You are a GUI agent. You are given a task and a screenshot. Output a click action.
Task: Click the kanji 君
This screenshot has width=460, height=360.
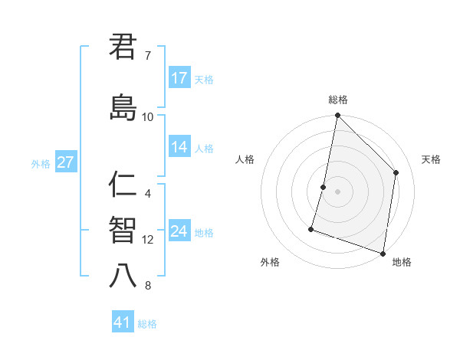click(123, 47)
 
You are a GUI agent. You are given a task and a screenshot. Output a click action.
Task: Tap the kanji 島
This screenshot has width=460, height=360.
click(123, 108)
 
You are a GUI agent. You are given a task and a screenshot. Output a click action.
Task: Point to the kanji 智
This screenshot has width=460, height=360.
click(123, 231)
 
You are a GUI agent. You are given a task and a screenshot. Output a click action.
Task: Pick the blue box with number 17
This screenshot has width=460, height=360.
click(179, 78)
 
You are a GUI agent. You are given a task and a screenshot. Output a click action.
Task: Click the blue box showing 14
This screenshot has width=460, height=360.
click(179, 148)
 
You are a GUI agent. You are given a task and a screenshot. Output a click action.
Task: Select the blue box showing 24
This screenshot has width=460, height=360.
click(179, 231)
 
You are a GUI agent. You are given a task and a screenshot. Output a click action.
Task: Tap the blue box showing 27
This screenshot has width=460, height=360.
click(65, 162)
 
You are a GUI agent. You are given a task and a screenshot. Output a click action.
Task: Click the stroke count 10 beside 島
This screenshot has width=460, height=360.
click(148, 117)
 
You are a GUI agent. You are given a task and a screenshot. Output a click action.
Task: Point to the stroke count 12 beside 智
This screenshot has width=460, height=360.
click(148, 240)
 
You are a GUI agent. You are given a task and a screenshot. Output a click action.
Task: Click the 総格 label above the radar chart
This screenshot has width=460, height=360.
click(338, 100)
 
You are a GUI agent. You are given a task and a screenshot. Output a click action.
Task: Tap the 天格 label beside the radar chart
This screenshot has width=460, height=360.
click(431, 159)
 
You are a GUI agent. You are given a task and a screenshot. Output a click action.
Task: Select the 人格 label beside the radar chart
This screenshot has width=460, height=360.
click(245, 159)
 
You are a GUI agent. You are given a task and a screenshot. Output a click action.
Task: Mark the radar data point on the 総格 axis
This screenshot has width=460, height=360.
click(337, 116)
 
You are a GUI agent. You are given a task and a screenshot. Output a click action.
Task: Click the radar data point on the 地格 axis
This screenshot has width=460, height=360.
click(383, 253)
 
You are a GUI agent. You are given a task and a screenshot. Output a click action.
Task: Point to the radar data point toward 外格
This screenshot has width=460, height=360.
click(311, 228)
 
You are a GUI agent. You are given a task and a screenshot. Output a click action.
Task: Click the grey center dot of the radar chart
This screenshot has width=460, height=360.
click(337, 191)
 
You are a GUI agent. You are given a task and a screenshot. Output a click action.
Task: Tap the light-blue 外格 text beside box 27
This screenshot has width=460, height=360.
click(40, 163)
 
